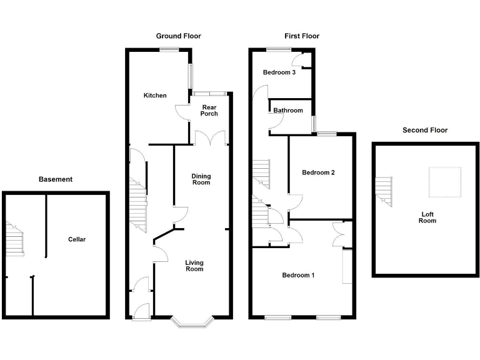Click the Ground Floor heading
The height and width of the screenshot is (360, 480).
coord(178,36)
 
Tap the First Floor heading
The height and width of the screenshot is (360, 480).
coord(302,36)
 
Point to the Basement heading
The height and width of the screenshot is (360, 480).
coord(56,179)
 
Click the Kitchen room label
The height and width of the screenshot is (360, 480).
coord(155,96)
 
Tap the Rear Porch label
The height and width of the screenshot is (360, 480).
coord(209,111)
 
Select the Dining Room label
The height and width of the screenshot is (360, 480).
coord(201,179)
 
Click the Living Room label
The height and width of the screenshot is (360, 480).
coord(194,266)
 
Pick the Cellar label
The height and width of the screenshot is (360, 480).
coord(77,239)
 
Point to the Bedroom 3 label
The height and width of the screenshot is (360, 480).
coord(279,72)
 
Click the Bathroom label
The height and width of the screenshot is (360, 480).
coord(288,111)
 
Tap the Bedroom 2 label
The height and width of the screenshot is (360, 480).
coord(319,172)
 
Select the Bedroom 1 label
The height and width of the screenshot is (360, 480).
coord(298,275)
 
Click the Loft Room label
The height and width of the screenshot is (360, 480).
coord(427,217)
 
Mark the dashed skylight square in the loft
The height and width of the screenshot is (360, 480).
coord(444,182)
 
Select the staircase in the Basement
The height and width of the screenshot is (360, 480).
coord(15,241)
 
